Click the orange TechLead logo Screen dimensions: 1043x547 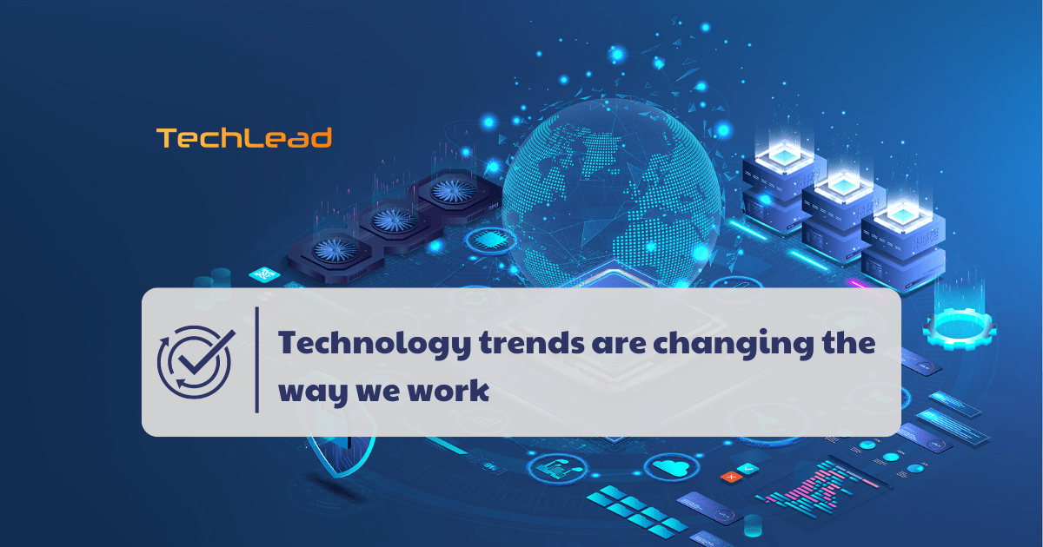pos(244,138)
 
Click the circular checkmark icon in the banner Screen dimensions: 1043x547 pos(196,362)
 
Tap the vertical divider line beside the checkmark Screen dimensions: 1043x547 pos(257,359)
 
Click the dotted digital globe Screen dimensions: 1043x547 pos(612,195)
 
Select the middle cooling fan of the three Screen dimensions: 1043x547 pos(394,220)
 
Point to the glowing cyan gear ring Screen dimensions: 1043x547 pos(960,329)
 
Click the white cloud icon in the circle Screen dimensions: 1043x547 pos(672,467)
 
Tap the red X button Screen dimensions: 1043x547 pos(732,477)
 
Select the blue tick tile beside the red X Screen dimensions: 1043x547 pos(747,468)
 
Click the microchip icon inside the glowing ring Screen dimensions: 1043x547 pos(490,240)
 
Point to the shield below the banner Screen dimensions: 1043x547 pos(342,456)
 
